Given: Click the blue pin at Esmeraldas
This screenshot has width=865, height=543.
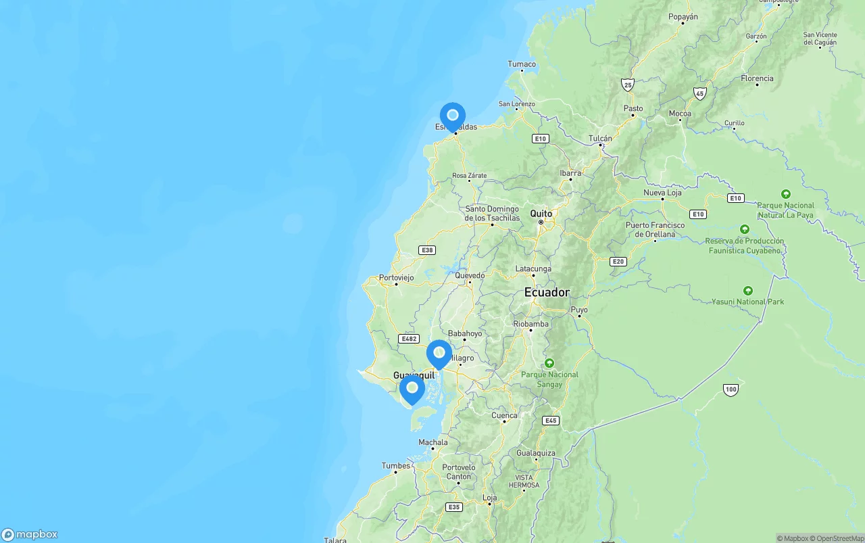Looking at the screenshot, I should pos(453,116).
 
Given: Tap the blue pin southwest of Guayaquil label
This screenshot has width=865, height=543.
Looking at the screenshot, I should pos(412,389).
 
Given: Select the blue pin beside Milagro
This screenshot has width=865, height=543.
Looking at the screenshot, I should pos(439,353).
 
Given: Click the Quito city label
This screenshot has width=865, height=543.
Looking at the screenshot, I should pos(541,214).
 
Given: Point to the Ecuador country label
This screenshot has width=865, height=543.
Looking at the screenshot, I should pos(547,292).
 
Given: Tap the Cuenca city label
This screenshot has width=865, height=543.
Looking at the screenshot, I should pos(504,416).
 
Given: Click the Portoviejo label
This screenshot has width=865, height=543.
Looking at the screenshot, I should pos(396,277).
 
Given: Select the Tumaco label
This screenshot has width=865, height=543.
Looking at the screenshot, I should pos(522,64).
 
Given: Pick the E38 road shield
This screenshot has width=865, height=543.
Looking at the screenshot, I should pos(427,250).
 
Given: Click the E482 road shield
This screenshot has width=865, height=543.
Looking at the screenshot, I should pos(409,339).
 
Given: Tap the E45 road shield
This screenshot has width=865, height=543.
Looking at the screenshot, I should pos(551,421).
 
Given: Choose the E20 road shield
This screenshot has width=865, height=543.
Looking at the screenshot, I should pos(618,262).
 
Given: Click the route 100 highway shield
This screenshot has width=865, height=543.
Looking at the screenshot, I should pos(730,389).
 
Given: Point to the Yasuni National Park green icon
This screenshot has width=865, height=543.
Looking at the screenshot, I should pos(747,290).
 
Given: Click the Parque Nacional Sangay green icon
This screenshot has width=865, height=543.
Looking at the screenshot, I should pos(549,363).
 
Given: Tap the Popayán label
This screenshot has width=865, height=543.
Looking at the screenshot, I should pos(683,17).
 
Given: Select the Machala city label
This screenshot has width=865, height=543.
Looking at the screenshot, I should pos(433,443).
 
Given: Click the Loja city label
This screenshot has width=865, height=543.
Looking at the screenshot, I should pos(490,498).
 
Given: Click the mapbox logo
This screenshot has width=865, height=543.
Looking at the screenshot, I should pos(30,534).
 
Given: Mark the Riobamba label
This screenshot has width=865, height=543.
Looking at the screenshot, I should pos(530,324).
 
